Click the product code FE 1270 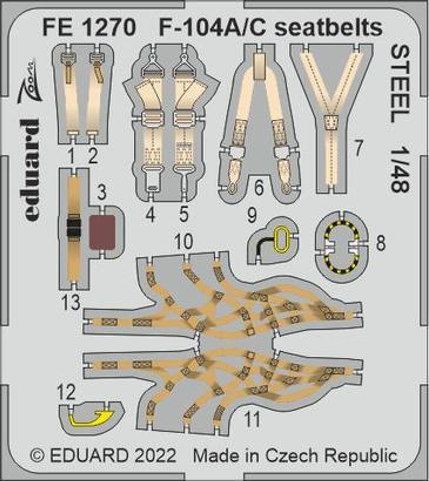point(89,27)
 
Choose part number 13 point(70,302)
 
